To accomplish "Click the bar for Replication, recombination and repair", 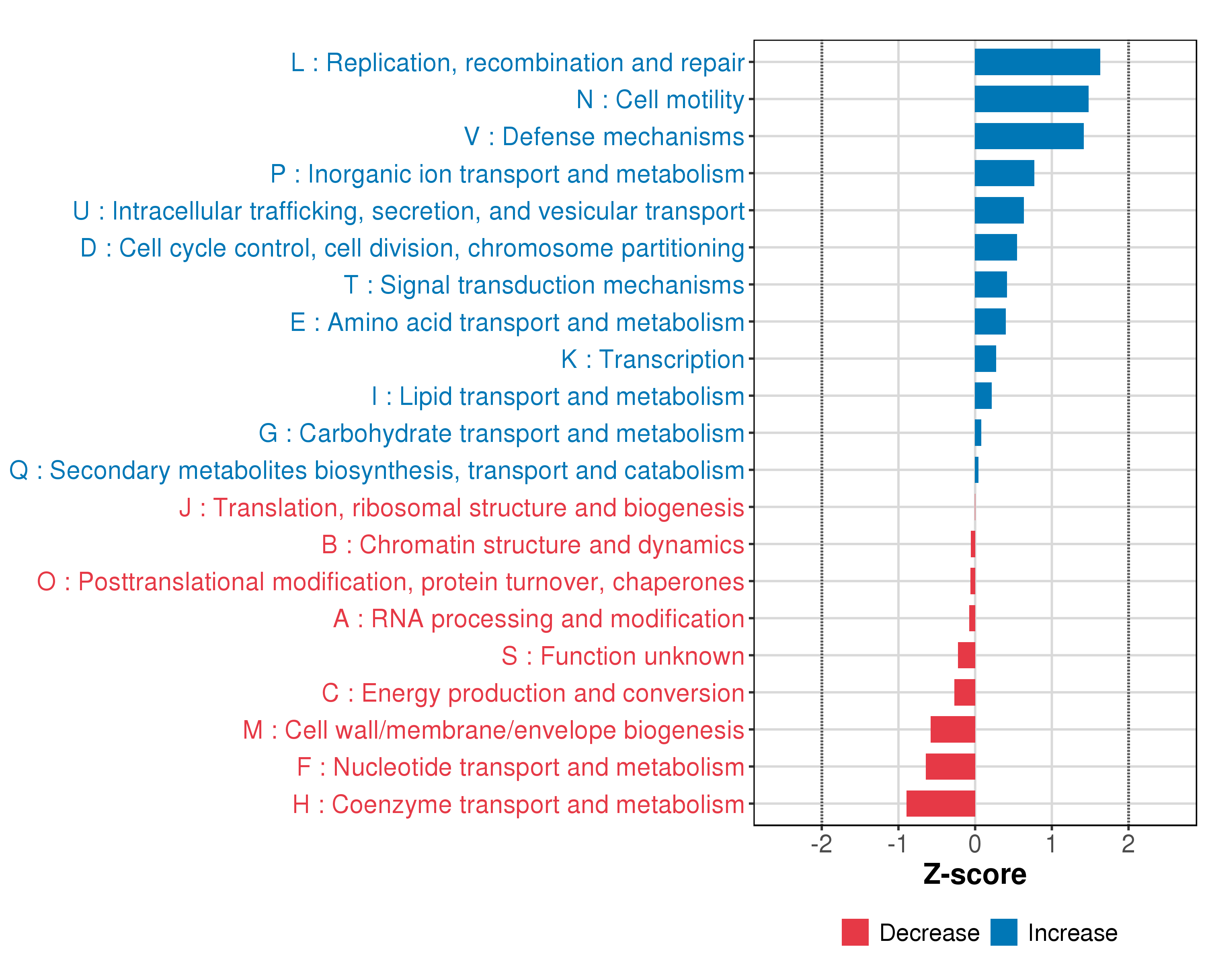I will (1037, 62).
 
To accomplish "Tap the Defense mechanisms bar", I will (1029, 136).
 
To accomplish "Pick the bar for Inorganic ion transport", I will (1004, 173).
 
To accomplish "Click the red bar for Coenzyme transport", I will (940, 803).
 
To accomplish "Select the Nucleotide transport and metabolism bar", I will (950, 766).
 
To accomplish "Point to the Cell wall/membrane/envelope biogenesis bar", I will (953, 729).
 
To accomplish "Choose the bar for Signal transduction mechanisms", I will (991, 285).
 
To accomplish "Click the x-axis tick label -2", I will (821, 844).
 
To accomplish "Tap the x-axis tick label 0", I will (974, 844).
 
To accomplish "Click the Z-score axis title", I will (974, 875).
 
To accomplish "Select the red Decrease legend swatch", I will (855, 932).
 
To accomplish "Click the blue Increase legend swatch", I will (1003, 932).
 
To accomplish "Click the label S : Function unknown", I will (623, 656).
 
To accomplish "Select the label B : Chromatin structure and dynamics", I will (533, 545).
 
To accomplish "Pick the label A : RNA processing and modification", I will (538, 619).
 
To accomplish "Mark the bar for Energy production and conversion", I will (964, 692).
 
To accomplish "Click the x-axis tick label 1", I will (1051, 844).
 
